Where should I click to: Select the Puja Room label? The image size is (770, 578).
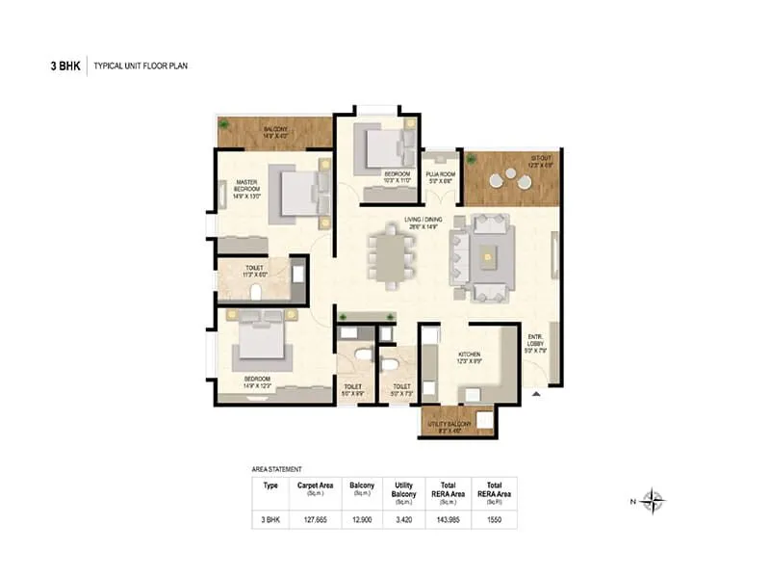coord(442,175)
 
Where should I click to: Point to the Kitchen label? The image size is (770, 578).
coord(470,357)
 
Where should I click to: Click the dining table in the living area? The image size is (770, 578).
coord(390,256)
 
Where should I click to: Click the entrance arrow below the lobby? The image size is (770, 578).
coord(538,393)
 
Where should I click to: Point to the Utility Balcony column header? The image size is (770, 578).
coord(403,491)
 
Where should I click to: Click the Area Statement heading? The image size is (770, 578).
coord(277,468)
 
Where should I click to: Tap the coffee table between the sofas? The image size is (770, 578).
coord(490,254)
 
